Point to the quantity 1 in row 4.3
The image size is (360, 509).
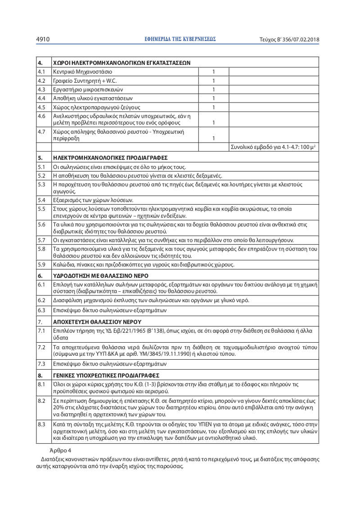click(x=214, y=89)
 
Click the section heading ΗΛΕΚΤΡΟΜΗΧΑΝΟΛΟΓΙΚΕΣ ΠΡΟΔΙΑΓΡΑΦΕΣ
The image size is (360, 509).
click(x=110, y=158)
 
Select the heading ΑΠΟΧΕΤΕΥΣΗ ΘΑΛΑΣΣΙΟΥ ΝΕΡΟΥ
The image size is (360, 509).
click(x=97, y=322)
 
